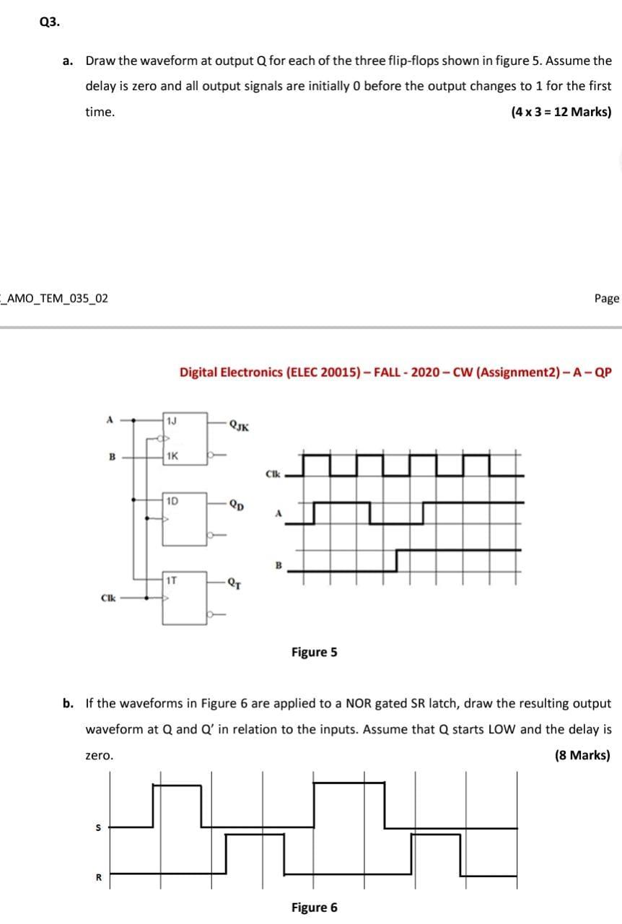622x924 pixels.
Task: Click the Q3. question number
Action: (51, 22)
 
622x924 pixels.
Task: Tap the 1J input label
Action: (171, 421)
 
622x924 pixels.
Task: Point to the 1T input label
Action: (172, 579)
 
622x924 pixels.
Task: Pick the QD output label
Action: (237, 505)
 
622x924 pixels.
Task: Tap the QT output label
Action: (235, 583)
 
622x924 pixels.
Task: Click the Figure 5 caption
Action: (314, 653)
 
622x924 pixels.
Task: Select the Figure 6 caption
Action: (314, 907)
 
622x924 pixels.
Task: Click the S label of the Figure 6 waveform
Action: (98, 828)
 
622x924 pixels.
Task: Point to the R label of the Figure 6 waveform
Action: (98, 879)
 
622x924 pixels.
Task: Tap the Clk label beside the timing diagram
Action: (272, 474)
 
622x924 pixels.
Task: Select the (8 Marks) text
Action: (582, 756)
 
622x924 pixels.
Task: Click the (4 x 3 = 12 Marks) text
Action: (561, 112)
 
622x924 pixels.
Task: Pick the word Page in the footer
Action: (607, 298)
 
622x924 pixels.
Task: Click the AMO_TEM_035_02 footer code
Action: (56, 298)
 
